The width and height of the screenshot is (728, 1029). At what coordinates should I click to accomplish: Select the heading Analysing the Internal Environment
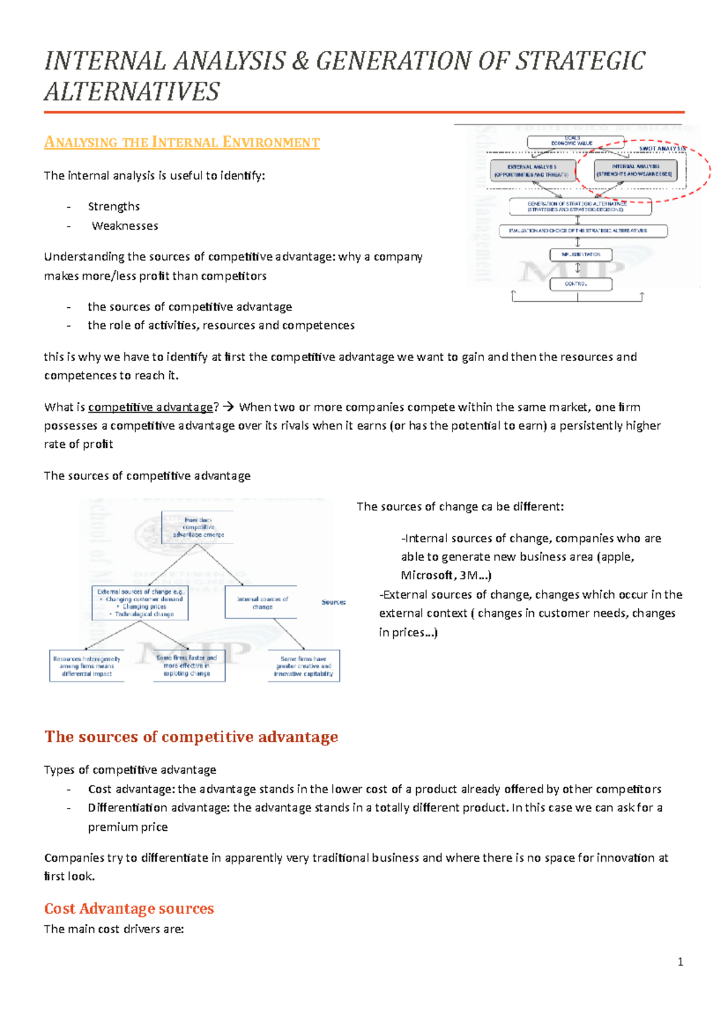[x=181, y=142]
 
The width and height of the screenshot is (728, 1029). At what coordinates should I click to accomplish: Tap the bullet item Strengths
[x=113, y=207]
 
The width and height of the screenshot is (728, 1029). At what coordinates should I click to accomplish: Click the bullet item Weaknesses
[x=124, y=226]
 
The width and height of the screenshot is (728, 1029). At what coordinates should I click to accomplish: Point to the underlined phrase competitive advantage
[x=150, y=407]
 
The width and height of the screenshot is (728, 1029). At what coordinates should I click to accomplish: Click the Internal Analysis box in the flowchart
[x=635, y=170]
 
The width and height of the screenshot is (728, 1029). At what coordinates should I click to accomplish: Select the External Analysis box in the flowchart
[x=532, y=170]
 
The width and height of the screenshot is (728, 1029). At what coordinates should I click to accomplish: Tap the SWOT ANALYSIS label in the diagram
[x=661, y=148]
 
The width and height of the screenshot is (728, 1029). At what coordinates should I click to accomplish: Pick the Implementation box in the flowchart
[x=580, y=255]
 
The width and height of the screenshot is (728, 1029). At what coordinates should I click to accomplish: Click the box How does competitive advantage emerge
[x=198, y=527]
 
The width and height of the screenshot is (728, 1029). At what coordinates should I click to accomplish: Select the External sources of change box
[x=140, y=603]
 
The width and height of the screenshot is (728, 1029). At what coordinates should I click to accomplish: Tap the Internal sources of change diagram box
[x=261, y=602]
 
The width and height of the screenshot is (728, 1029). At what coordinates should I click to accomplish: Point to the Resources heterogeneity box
[x=86, y=666]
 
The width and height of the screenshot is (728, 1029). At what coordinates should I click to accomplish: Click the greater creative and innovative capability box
[x=303, y=666]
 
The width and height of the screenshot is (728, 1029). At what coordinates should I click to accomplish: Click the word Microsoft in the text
[x=426, y=576]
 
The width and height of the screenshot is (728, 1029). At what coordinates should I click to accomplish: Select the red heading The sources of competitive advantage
[x=191, y=737]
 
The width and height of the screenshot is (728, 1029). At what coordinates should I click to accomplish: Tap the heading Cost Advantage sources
[x=129, y=908]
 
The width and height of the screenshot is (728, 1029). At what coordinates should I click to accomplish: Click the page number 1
[x=680, y=962]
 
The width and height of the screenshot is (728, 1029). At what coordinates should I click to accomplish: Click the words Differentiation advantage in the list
[x=127, y=808]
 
